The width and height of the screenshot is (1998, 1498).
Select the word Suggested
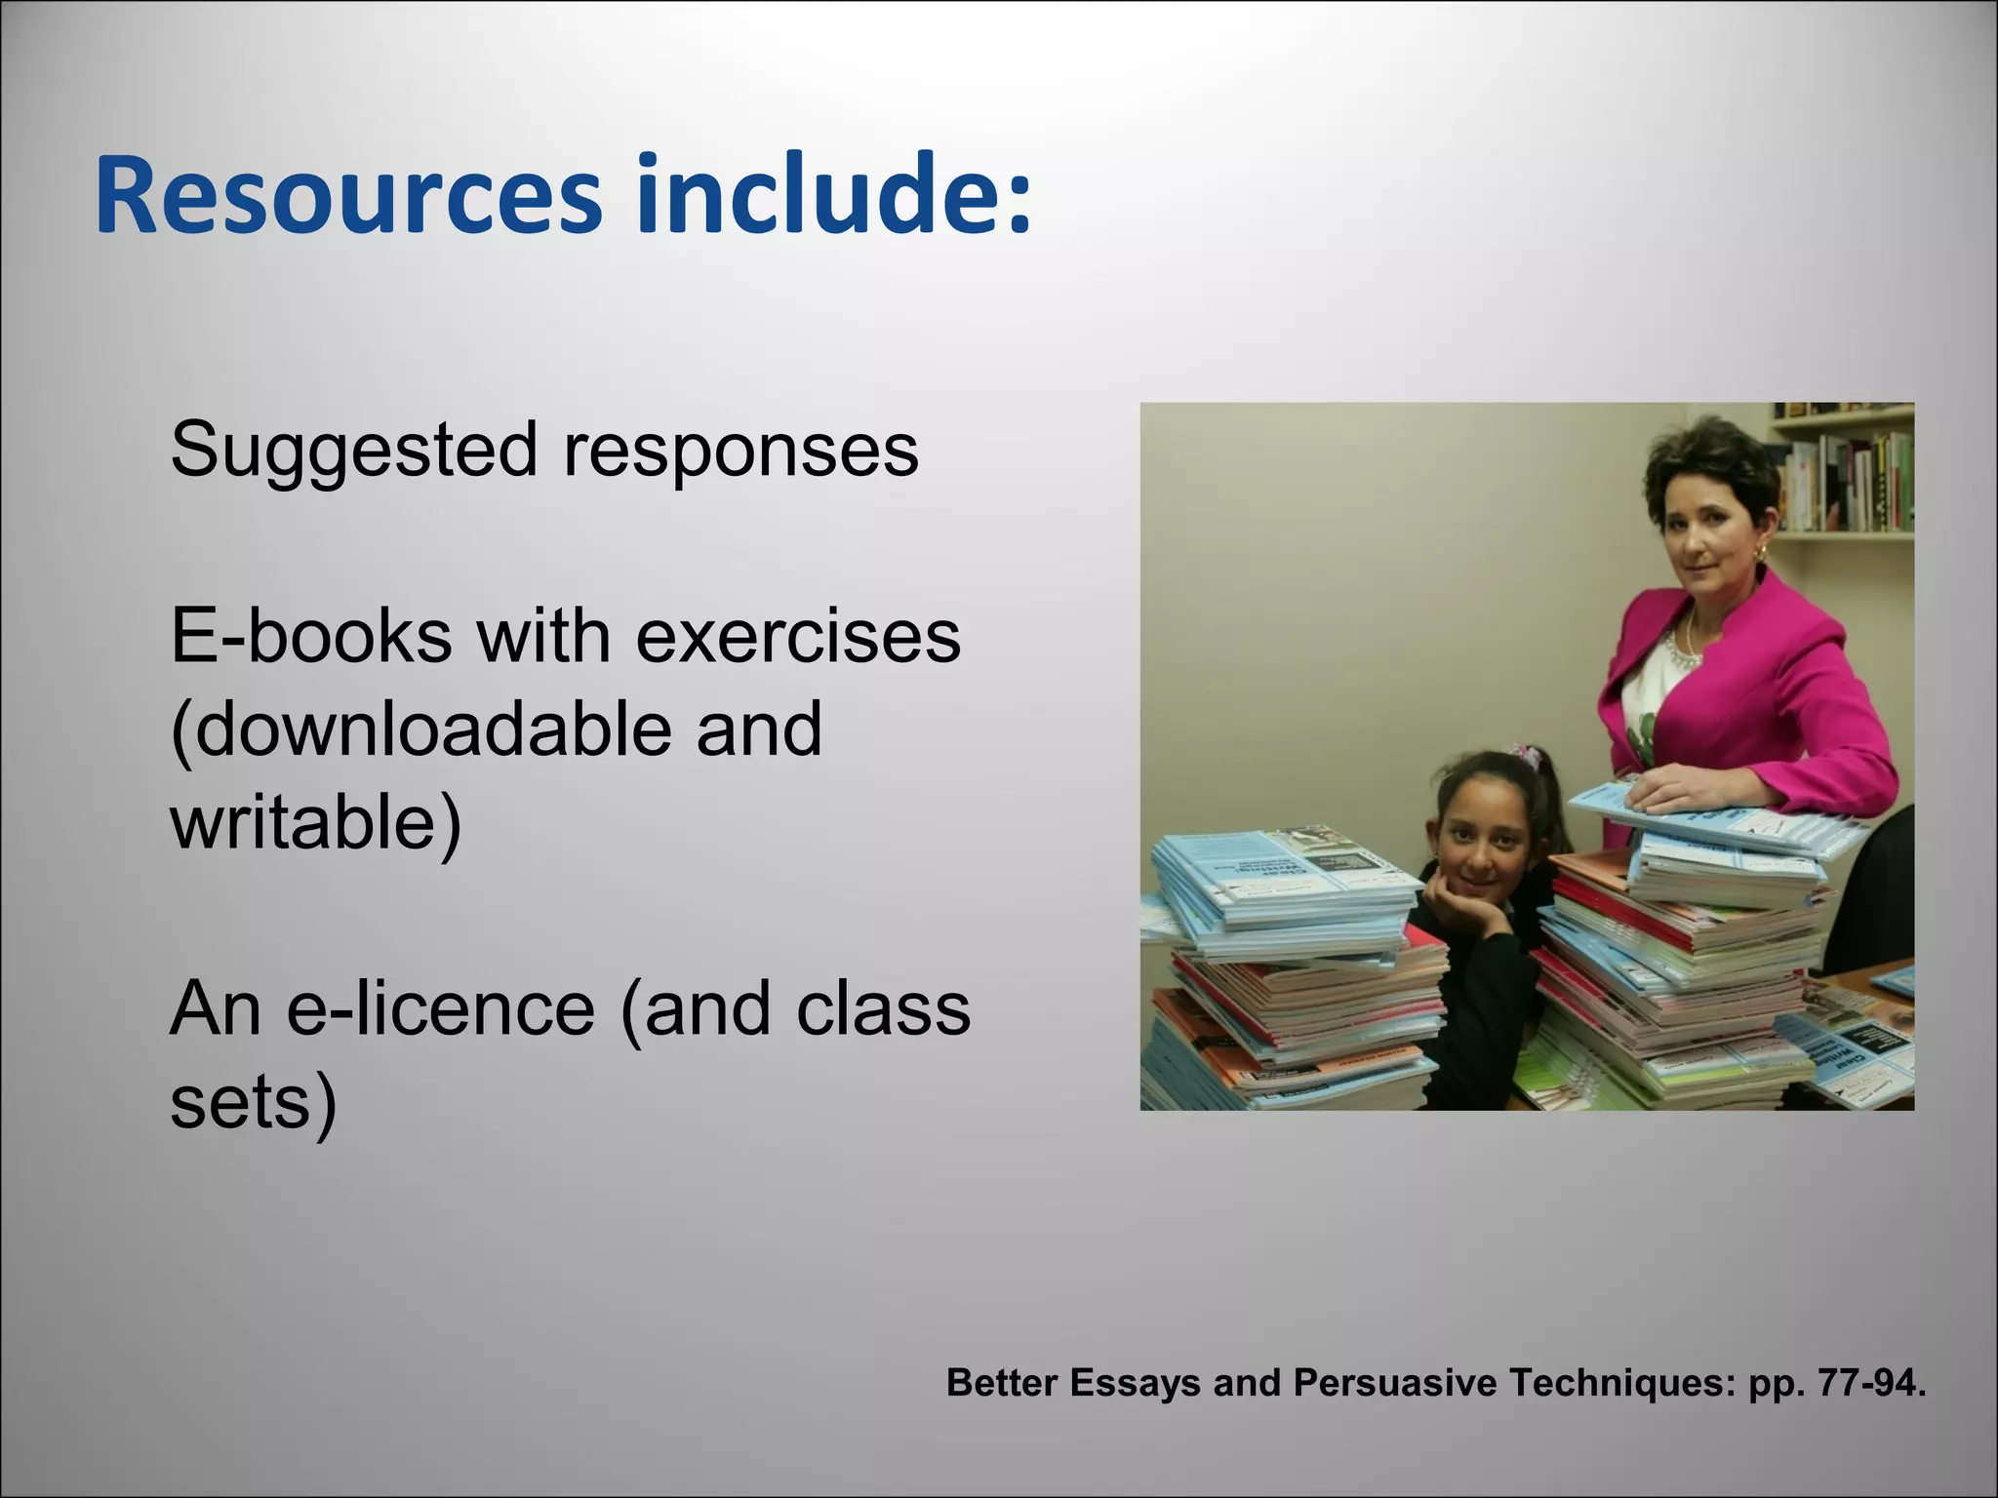(353, 451)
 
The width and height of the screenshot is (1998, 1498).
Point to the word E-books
(310, 636)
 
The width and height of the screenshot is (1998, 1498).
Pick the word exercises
(798, 636)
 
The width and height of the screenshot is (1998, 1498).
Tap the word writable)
(315, 822)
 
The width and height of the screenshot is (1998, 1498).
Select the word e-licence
(440, 1008)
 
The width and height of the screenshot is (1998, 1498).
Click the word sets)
(254, 1102)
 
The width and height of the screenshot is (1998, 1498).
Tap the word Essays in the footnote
(1135, 1383)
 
